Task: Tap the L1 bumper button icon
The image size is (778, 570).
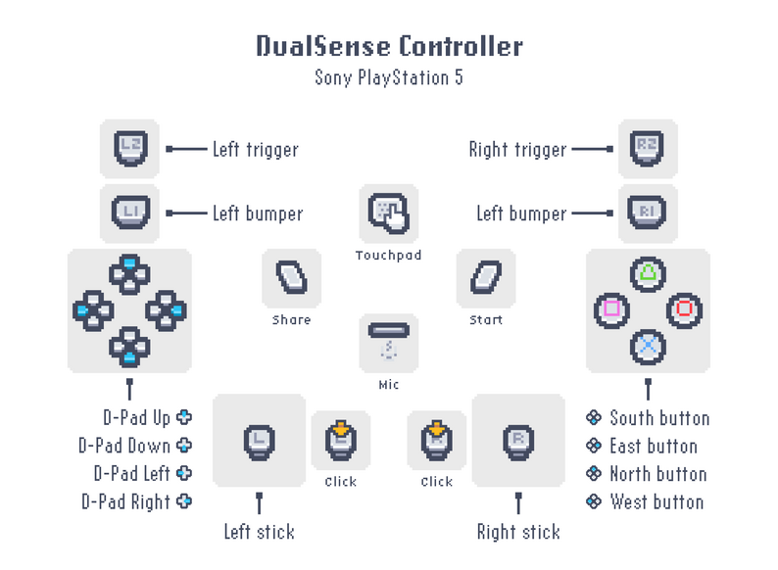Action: [x=130, y=212]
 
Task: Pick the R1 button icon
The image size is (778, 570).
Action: [x=647, y=212]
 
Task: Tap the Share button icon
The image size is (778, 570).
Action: [x=291, y=277]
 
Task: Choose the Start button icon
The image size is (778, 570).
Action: [x=485, y=277]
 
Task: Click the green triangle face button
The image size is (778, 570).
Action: [x=647, y=273]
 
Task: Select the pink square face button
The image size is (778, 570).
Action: [x=611, y=309]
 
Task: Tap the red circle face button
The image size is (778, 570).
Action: [x=683, y=309]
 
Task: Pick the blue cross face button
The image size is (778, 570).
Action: [x=647, y=345]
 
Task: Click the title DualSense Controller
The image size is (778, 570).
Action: [x=389, y=46]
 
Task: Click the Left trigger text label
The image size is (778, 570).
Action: [x=255, y=149]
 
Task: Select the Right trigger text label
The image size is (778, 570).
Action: [x=517, y=150]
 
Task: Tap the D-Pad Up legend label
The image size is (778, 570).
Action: [x=137, y=417]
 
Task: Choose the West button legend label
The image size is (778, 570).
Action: [x=656, y=501]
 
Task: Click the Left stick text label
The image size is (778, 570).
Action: [x=259, y=533]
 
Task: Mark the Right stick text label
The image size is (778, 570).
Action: [x=518, y=533]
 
